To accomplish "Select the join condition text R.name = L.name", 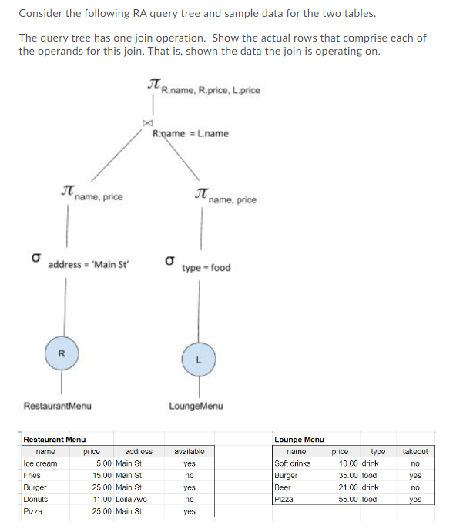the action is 190,133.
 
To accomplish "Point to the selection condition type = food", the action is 206,267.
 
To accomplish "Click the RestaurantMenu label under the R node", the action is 57,405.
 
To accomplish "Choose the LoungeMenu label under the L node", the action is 196,405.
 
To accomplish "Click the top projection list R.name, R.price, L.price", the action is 210,90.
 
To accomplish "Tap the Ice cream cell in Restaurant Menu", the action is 40,463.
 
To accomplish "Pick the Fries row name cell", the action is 32,475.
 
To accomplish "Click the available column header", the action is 189,451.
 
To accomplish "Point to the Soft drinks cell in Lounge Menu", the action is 293,463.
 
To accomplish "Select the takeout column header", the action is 415,451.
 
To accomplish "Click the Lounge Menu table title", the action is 299,439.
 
